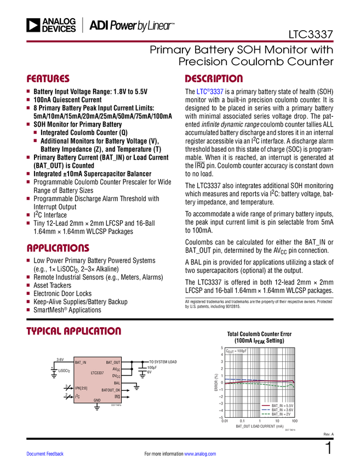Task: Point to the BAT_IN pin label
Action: pyautogui.click(x=81, y=362)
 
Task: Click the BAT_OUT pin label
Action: pyautogui.click(x=113, y=362)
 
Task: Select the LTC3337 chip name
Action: pyautogui.click(x=98, y=373)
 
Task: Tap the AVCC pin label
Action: pyautogui.click(x=117, y=370)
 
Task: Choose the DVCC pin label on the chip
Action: pyautogui.click(x=116, y=376)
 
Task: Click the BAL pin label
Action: pyautogui.click(x=117, y=383)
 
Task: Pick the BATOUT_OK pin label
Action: pyautogui.click(x=111, y=390)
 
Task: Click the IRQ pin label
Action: pyautogui.click(x=117, y=396)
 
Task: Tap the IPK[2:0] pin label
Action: pyautogui.click(x=81, y=388)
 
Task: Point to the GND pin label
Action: pyautogui.click(x=97, y=400)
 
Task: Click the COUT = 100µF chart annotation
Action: pyautogui.click(x=237, y=350)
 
